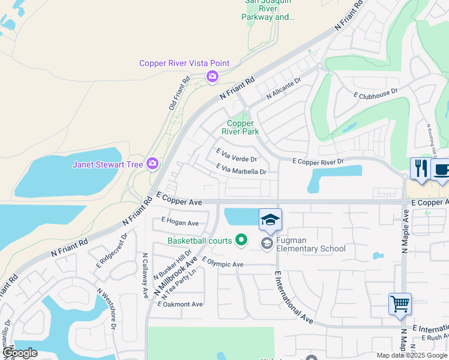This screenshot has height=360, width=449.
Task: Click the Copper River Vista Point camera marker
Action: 212,76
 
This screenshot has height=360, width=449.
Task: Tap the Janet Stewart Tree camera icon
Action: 152,163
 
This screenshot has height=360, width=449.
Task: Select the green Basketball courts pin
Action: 241,241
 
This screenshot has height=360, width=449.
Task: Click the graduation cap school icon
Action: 270,219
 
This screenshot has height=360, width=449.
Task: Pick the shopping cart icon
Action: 400,304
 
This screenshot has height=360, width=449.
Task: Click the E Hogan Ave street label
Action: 180,223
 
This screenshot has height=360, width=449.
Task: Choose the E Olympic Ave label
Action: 223,263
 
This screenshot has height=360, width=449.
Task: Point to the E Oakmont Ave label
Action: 180,304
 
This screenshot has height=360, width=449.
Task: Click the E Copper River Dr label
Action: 318,161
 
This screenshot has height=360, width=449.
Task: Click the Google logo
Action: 19,353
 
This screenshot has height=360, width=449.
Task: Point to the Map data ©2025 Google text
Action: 412,355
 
